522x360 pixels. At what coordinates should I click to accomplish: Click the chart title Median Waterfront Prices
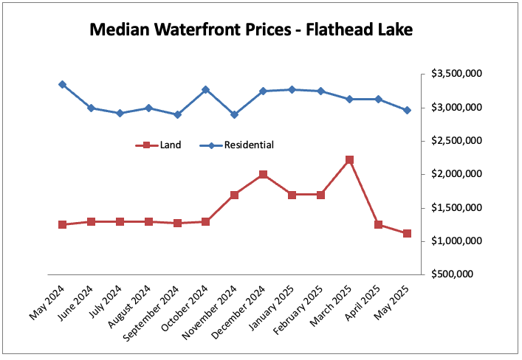(x=250, y=30)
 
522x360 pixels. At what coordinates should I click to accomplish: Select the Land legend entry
(x=170, y=145)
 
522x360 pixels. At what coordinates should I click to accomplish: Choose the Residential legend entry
(x=249, y=145)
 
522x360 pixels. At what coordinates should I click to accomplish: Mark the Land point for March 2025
(x=350, y=159)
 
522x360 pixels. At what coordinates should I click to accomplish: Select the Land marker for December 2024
(x=263, y=175)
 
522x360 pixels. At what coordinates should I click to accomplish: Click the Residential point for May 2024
(x=62, y=85)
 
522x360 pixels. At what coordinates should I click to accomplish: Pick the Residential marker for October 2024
(x=205, y=90)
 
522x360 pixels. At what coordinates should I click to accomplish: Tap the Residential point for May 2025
(x=407, y=110)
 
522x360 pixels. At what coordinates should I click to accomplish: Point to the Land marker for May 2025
(x=407, y=233)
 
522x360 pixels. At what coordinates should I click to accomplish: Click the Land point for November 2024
(x=234, y=195)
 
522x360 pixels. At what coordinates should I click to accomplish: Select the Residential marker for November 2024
(x=234, y=114)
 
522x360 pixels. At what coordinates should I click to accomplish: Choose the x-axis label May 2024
(x=46, y=302)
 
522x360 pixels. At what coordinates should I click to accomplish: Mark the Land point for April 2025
(x=378, y=224)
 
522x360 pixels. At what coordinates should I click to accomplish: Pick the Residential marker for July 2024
(x=120, y=113)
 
